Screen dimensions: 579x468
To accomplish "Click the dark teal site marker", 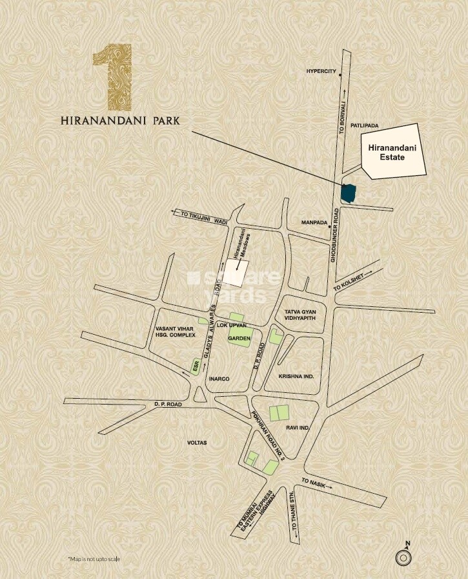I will [349, 193].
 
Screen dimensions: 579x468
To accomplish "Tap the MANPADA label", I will [314, 222].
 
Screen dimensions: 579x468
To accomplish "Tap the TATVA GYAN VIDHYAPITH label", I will [300, 316].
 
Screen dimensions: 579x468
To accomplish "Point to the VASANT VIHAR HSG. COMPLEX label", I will [175, 332].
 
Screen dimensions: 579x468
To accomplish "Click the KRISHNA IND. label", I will [296, 375].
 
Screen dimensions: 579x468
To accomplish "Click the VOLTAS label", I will [196, 443].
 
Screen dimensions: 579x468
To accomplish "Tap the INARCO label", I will [219, 379].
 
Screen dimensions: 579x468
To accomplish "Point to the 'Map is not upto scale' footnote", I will [94, 558].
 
